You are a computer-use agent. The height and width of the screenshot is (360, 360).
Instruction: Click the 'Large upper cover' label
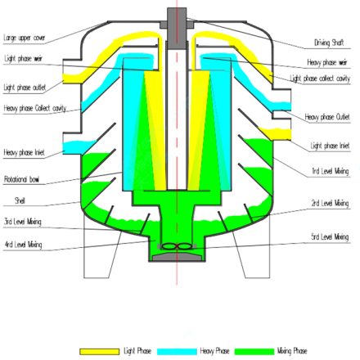(25, 38)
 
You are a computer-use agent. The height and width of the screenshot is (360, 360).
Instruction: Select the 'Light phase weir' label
(23, 59)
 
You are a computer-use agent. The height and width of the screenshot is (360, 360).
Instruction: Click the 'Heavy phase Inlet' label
(22, 152)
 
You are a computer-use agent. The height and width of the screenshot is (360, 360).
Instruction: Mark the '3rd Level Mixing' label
(22, 221)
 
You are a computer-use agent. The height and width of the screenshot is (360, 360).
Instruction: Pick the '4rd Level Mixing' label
(22, 244)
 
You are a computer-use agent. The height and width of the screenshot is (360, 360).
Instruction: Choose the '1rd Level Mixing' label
(330, 171)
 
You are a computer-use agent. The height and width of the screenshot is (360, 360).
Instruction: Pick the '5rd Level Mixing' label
(330, 236)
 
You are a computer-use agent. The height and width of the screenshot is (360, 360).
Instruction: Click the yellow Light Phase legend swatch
(99, 351)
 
